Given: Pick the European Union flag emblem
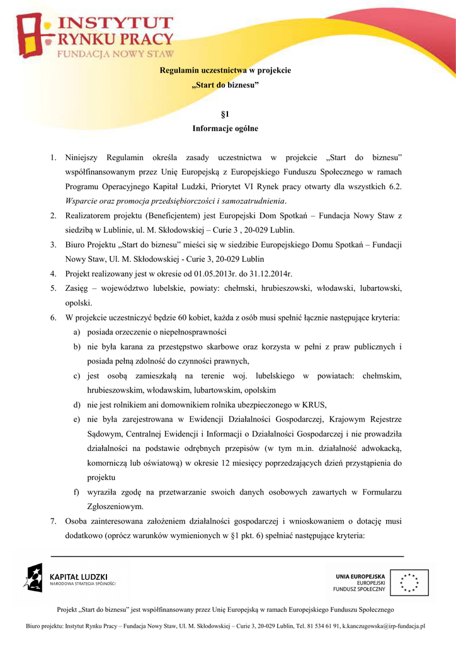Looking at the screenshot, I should click(x=408, y=582).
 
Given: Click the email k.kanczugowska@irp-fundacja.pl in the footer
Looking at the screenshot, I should click(x=384, y=626).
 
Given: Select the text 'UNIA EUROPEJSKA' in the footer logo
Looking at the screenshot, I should click(x=360, y=575).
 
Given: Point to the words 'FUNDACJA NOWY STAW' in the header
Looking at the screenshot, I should click(x=116, y=54).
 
